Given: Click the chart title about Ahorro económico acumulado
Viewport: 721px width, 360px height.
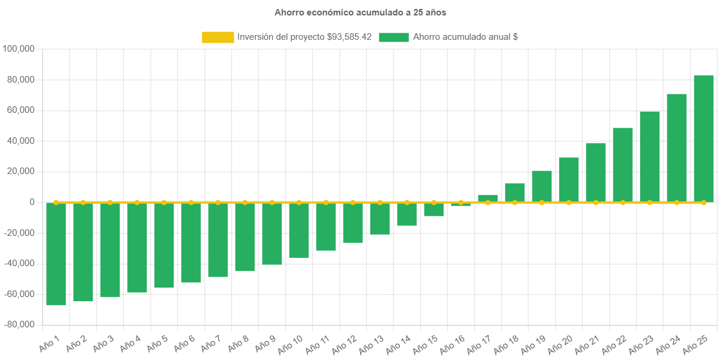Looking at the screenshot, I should (x=360, y=12).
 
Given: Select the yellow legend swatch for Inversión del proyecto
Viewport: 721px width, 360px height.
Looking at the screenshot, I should (x=218, y=37).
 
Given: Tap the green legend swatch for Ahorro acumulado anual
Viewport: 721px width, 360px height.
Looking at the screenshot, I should (x=393, y=37).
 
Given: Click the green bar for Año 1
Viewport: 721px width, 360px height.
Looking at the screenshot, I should (x=56, y=254).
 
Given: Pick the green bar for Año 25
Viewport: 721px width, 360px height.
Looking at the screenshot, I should (x=704, y=138).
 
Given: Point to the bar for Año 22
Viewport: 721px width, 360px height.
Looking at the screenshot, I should (x=623, y=165).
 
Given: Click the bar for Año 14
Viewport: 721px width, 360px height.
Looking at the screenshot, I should (x=407, y=214).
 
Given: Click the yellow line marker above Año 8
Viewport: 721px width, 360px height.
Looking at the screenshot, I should (x=245, y=202).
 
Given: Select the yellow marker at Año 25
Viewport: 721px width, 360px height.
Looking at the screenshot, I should (x=704, y=203).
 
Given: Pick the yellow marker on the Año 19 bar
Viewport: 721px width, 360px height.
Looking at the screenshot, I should (x=541, y=203).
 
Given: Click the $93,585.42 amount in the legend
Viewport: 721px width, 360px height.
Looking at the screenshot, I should (x=350, y=37).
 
